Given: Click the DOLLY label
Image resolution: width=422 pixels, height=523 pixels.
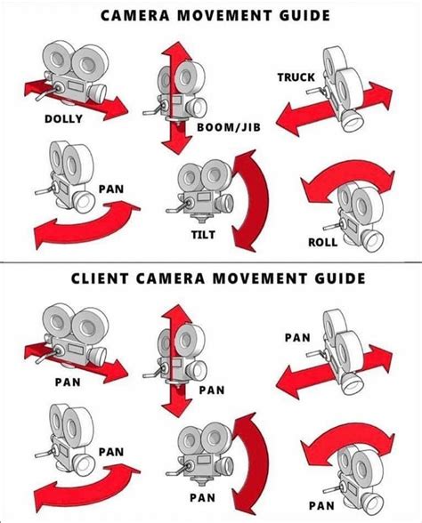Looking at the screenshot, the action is point(63,119).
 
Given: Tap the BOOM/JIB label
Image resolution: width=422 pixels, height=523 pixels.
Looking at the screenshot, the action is point(228,127).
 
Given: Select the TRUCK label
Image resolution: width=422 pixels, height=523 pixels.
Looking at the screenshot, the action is point(296,77).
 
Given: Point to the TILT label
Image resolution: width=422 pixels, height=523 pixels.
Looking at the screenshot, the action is point(203,235).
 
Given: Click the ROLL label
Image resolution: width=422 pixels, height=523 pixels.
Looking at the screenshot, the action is point(322,242).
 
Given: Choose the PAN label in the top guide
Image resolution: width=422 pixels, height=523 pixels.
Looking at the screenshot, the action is point(111,189).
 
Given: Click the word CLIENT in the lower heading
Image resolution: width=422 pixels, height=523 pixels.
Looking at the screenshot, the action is point(100,278).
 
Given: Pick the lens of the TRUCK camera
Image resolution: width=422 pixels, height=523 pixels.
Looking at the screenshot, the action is point(351,121).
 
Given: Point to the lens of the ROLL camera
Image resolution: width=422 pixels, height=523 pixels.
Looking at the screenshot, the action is point(371,240).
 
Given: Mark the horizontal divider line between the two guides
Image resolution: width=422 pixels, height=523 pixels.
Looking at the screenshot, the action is point(211,262).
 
